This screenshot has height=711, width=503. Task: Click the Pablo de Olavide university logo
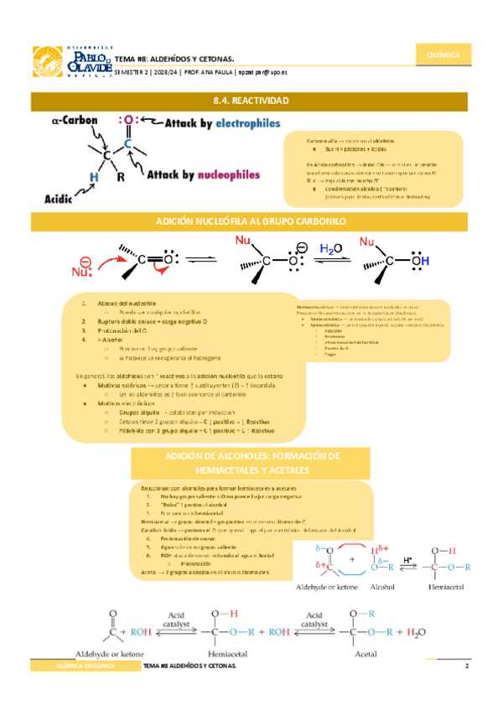click(x=71, y=62)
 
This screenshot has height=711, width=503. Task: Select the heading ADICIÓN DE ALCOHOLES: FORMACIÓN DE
click(x=251, y=456)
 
